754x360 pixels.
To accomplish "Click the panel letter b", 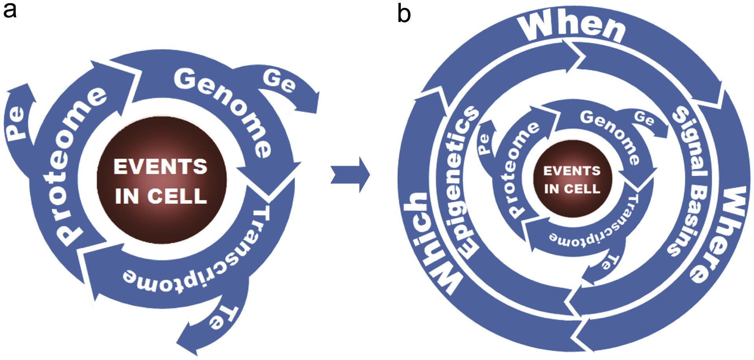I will click(404, 14).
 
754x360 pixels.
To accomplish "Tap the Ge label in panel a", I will click(279, 81).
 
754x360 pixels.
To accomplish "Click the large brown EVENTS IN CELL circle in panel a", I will click(161, 181).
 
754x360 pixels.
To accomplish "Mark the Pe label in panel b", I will click(484, 143).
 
